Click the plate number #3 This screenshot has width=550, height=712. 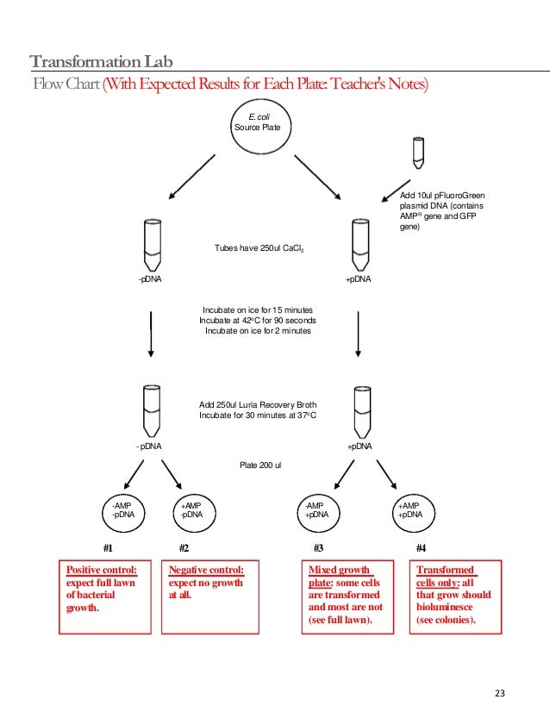coord(317,547)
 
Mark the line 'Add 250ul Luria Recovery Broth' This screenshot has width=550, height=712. coord(258,403)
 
